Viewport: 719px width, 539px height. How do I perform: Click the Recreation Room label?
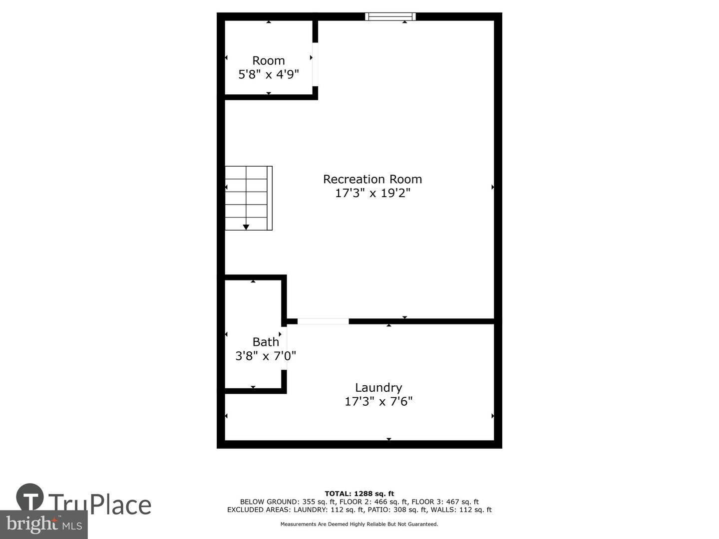(372, 179)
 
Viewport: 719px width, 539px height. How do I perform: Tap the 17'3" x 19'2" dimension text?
(372, 193)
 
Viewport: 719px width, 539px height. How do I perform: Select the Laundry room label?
(378, 388)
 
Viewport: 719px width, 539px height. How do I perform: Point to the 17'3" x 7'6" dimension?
(378, 401)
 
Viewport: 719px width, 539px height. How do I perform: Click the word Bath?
(266, 342)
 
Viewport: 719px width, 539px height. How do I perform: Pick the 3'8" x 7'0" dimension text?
(266, 356)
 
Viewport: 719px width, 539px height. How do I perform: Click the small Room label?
(268, 60)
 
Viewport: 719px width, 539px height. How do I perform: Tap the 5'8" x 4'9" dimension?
(268, 75)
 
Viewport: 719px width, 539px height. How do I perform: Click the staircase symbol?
(249, 198)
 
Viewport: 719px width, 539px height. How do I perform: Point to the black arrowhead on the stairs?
(246, 227)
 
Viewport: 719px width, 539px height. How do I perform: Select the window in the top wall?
(390, 16)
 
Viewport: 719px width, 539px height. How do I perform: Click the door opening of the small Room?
(315, 64)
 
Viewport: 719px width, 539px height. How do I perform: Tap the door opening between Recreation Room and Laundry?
(323, 321)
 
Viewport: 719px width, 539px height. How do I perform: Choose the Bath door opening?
(284, 348)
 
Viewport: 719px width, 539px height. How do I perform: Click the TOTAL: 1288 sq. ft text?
(359, 494)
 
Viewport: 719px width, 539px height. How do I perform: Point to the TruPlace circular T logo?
(30, 497)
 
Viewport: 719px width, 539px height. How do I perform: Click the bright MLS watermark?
(44, 525)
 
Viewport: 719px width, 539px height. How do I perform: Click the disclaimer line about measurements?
(359, 524)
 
